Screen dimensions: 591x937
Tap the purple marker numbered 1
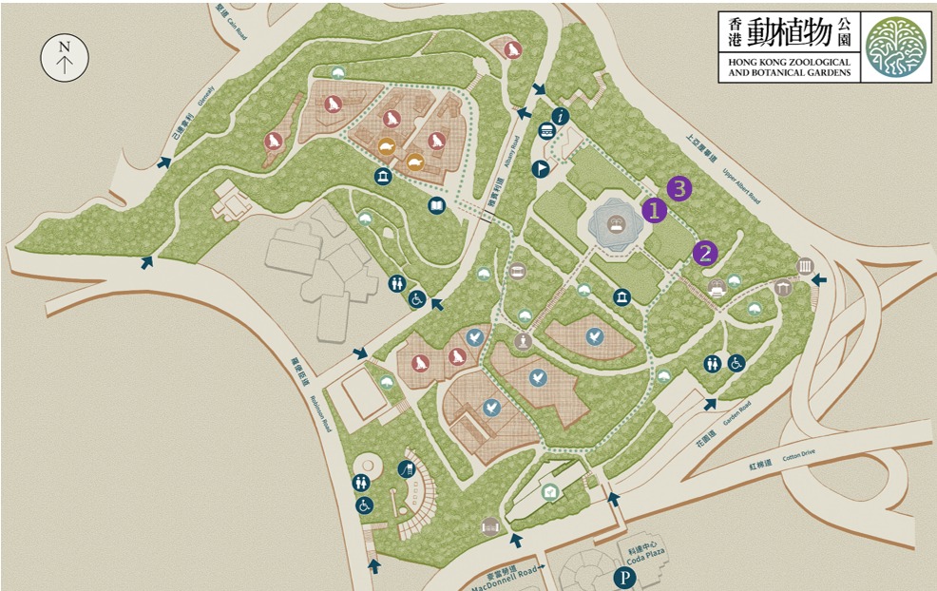(653, 210)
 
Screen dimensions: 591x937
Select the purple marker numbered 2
(704, 253)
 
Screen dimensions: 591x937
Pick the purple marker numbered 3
(679, 188)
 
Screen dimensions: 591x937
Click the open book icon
(436, 205)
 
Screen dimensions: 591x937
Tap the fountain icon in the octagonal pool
(617, 224)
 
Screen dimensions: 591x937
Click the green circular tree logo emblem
(895, 47)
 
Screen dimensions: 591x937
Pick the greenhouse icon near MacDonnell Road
(549, 491)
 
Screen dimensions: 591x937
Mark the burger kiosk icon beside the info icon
(546, 132)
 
